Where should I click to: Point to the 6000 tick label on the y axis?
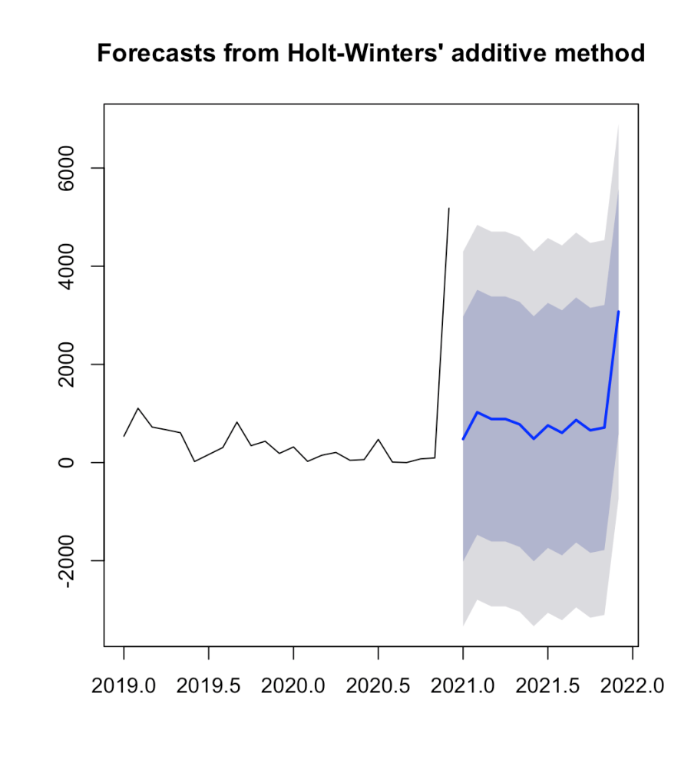click(x=75, y=168)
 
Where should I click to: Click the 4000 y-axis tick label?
click(x=75, y=266)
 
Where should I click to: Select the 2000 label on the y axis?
click(x=75, y=365)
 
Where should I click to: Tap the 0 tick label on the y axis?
click(x=75, y=462)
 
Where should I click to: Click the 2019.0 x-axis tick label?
click(x=124, y=687)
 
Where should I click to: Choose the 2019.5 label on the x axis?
click(x=209, y=687)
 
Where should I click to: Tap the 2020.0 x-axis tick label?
click(x=293, y=687)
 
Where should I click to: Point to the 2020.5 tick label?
click(x=378, y=687)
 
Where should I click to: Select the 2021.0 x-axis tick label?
click(x=463, y=687)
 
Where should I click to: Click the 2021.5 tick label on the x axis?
click(x=547, y=687)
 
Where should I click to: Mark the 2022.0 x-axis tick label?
click(x=632, y=687)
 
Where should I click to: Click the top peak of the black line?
click(x=449, y=208)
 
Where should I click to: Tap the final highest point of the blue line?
click(x=618, y=312)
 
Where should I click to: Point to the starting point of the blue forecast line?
click(x=463, y=439)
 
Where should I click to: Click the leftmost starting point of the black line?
click(x=124, y=436)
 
